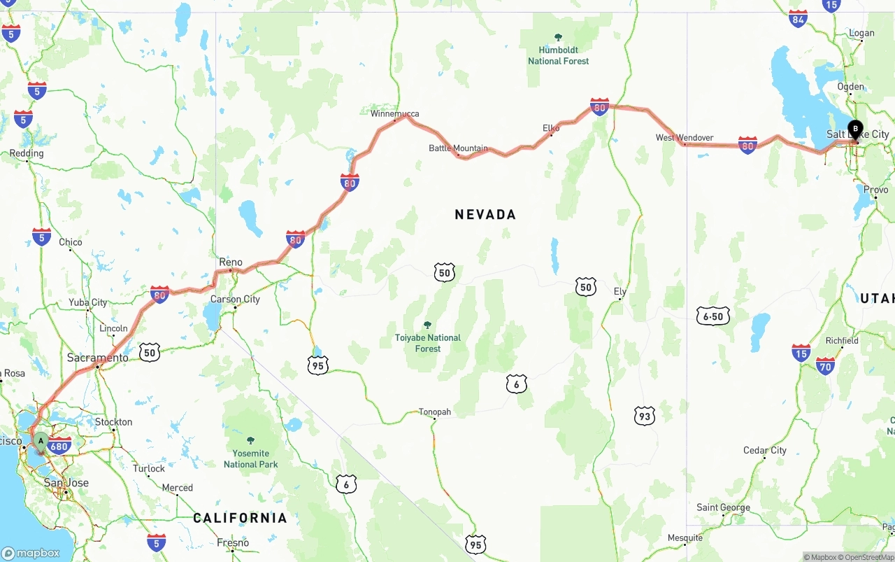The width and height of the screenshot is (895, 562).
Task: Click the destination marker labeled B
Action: point(855,129)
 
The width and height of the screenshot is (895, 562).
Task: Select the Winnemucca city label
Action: point(395,113)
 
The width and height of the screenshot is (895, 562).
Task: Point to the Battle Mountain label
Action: point(458,148)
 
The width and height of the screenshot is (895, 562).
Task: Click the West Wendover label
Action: point(684,137)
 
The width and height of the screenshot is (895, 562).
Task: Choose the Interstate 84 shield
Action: point(798,19)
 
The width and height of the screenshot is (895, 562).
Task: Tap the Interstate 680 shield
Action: point(61,446)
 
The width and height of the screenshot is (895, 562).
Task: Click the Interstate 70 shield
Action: point(826,365)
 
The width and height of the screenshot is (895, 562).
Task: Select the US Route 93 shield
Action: point(644,416)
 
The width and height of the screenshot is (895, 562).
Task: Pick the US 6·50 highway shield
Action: point(713,316)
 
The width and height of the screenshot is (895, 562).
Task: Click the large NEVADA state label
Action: point(485,215)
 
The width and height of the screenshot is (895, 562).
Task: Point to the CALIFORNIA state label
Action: point(240,518)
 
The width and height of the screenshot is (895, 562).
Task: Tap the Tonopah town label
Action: point(434,412)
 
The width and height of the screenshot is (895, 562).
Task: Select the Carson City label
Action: point(235,299)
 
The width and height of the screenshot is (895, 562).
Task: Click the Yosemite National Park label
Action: point(250,459)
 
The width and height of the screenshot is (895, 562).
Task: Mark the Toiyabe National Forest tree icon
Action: point(427,325)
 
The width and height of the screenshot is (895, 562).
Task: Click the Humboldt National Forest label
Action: point(558,55)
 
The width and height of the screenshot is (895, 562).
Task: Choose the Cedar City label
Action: point(764,450)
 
